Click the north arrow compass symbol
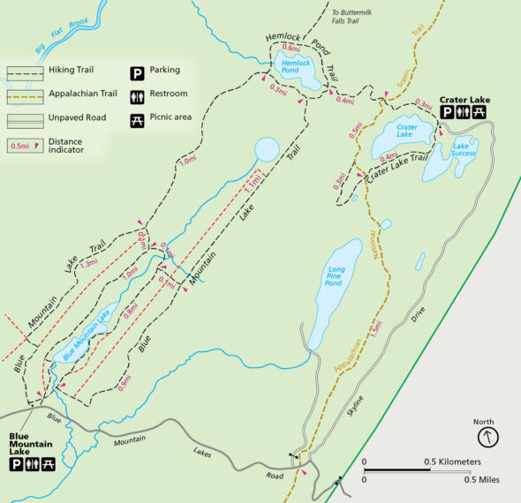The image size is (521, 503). tap(487, 437)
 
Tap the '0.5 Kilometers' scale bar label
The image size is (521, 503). tap(451, 462)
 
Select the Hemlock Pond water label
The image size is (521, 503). tap(297, 66)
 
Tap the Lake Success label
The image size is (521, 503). tap(463, 150)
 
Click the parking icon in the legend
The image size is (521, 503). tap(137, 71)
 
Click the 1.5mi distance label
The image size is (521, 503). tap(377, 327)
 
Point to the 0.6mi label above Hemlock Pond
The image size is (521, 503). tap(291, 48)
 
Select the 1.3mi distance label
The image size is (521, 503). tap(88, 263)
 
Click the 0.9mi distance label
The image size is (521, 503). tap(124, 384)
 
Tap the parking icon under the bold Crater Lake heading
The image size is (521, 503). tap(447, 113)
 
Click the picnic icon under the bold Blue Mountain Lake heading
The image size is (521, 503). tap(48, 464)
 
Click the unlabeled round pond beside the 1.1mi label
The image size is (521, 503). tap(266, 149)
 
